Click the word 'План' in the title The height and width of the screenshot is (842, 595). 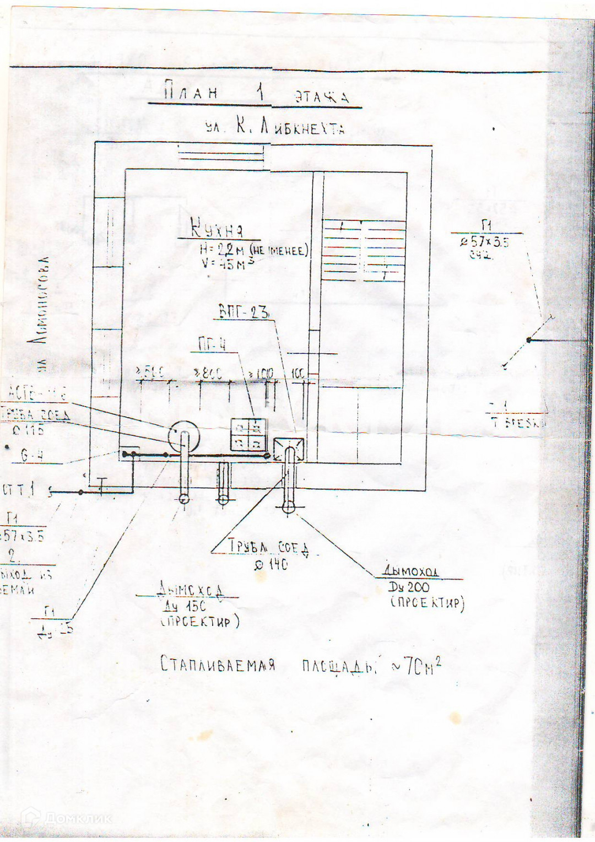tap(191, 91)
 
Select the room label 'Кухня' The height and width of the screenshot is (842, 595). tap(216, 228)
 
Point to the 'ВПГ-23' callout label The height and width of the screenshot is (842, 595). tap(244, 312)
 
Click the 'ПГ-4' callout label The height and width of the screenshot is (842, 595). tap(212, 345)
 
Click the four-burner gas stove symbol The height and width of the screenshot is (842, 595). tap(248, 434)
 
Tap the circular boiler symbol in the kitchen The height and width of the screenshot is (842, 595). tap(183, 438)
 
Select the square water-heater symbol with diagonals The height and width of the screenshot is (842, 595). tap(289, 449)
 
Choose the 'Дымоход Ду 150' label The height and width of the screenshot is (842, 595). tap(191, 605)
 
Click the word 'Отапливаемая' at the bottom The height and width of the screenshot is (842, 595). tap(218, 663)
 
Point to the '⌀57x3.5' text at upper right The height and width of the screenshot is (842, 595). tap(485, 241)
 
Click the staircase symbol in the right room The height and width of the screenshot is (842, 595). tap(364, 251)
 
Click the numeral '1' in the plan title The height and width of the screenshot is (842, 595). tap(261, 91)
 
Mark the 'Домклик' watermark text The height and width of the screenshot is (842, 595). tap(77, 818)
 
